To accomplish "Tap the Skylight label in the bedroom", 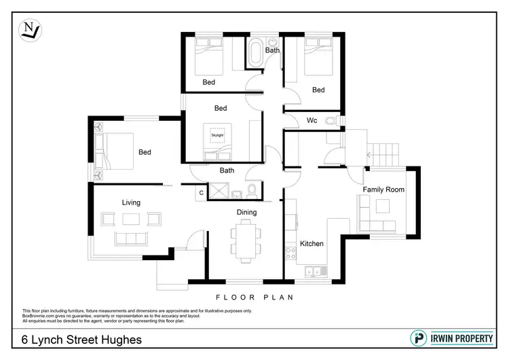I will (217, 135).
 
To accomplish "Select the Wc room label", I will (312, 121).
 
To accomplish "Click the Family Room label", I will (383, 190).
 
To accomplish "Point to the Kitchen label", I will (312, 243).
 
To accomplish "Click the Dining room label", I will (246, 213).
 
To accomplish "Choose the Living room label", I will (131, 202).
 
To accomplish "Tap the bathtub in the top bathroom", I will (256, 54).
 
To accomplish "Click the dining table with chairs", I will (245, 242).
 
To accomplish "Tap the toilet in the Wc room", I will (331, 121).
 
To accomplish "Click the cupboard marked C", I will (202, 193).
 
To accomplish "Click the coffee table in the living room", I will (131, 219).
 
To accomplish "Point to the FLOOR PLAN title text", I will (254, 297).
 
